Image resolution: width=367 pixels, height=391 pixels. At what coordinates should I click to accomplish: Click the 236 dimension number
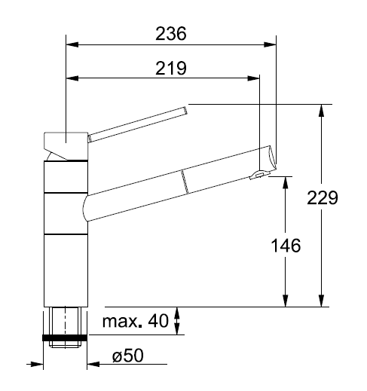coord(171,34)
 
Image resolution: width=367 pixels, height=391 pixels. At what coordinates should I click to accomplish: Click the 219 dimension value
coord(171,68)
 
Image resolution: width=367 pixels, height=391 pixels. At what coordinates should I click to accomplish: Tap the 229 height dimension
coord(323,198)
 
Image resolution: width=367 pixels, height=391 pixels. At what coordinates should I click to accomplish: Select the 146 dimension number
coord(286,246)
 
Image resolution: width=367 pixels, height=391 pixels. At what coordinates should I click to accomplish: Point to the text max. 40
coord(135,321)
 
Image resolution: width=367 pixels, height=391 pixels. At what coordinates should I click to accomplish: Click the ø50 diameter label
coord(128,356)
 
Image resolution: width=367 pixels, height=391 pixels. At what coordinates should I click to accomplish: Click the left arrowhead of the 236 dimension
coord(72,44)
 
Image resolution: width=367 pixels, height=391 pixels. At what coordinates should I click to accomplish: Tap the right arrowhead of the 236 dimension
coord(270,44)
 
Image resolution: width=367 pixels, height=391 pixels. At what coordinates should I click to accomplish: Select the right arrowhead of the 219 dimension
coord(253,78)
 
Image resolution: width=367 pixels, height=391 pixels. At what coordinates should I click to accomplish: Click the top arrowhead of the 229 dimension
coord(321,111)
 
